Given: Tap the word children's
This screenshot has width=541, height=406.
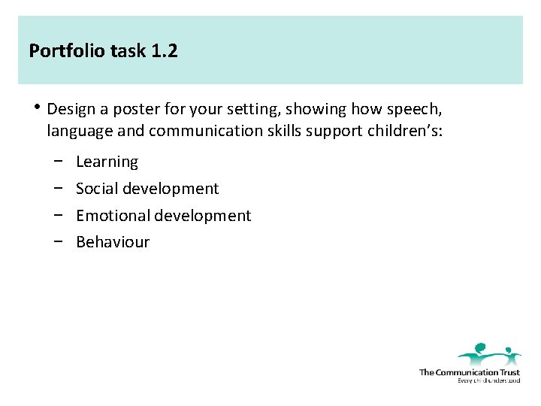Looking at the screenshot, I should (405, 132).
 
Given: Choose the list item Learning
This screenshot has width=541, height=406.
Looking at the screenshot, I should (107, 162).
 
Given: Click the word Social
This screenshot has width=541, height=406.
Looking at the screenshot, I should (97, 189).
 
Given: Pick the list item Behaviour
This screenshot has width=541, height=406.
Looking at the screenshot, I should (113, 242).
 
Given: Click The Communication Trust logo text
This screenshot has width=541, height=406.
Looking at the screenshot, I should (469, 372).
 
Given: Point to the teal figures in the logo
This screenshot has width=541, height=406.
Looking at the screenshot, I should (488, 353).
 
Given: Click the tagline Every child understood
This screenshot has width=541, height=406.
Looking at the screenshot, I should (488, 380).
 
